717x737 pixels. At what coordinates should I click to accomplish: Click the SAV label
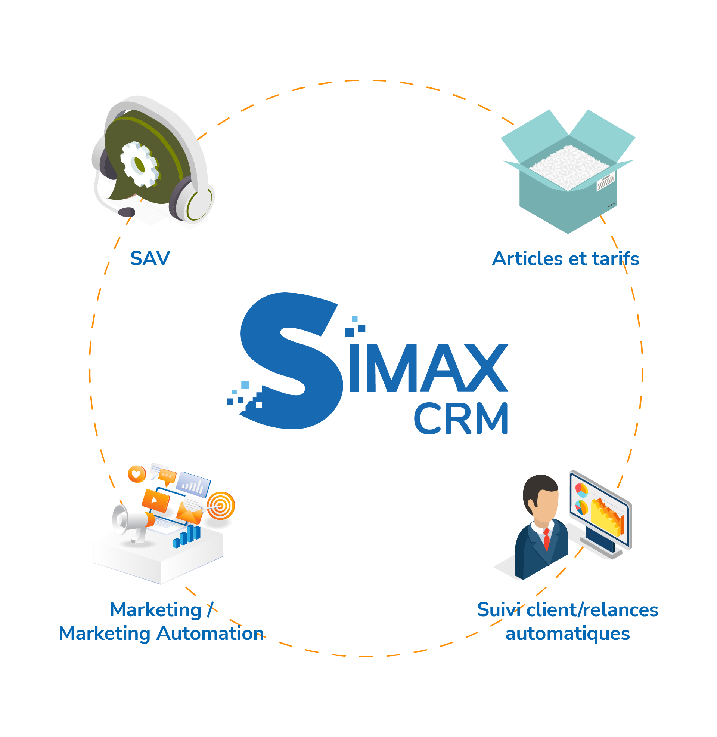click(150, 259)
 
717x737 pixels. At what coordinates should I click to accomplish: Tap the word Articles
click(528, 259)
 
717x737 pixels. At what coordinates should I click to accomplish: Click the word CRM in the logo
click(461, 418)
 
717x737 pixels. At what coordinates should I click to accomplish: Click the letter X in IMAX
click(486, 368)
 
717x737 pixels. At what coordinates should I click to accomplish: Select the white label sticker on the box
click(606, 181)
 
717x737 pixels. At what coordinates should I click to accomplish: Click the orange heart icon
click(137, 474)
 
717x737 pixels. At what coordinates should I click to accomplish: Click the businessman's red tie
click(546, 539)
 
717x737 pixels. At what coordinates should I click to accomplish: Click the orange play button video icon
click(155, 500)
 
